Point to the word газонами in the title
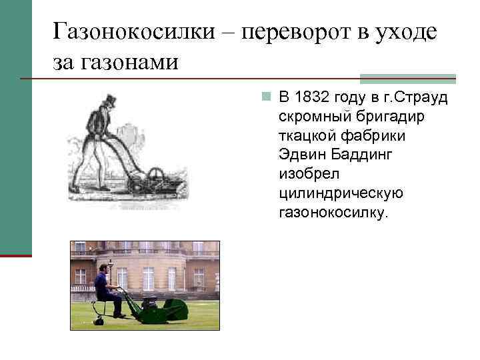pos(133,62)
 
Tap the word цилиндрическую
pos(341,194)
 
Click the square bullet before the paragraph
pos(265,98)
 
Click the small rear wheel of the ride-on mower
pos(99,321)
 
